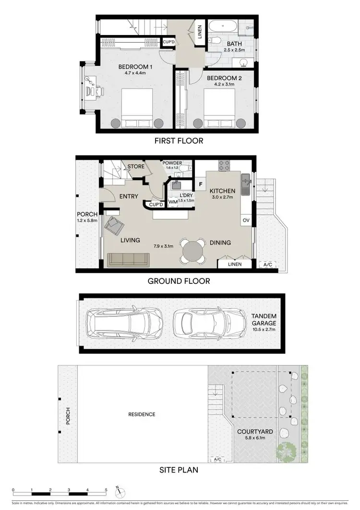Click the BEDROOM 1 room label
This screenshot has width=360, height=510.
point(135,67)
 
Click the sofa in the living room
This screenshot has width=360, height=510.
point(128,259)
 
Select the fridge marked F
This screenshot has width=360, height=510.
point(200,184)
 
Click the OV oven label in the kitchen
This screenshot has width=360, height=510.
point(246,220)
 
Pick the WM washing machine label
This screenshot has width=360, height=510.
point(173,202)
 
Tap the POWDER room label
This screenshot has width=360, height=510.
point(172,163)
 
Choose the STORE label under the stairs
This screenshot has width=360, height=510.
point(136,167)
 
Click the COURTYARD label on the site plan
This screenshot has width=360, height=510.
point(252,431)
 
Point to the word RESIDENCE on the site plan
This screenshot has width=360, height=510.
point(142,414)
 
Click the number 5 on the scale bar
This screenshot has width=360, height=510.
point(106,490)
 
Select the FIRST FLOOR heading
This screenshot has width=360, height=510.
point(179,141)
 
